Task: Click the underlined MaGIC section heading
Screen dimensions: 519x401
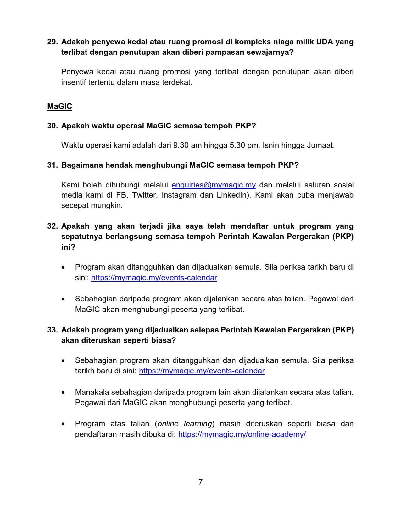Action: tap(59, 106)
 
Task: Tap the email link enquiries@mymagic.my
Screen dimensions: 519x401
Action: tap(214, 185)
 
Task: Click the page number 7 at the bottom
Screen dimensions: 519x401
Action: tap(200, 482)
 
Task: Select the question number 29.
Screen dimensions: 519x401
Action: tap(52, 42)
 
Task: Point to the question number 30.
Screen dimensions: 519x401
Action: tap(52, 126)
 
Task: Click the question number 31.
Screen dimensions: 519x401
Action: tap(52, 165)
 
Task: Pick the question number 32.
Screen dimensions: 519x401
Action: tap(52, 226)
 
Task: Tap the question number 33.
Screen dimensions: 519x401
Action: tap(52, 330)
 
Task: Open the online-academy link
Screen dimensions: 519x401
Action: tap(243, 434)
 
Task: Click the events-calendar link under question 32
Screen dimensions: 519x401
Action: tap(154, 278)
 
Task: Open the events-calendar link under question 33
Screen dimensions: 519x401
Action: tap(202, 371)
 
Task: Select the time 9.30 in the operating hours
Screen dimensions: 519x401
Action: tap(181, 145)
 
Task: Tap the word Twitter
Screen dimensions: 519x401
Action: tap(144, 195)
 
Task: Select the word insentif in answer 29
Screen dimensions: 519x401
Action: tap(73, 82)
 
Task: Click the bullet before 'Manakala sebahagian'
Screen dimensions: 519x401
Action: tap(64, 393)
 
